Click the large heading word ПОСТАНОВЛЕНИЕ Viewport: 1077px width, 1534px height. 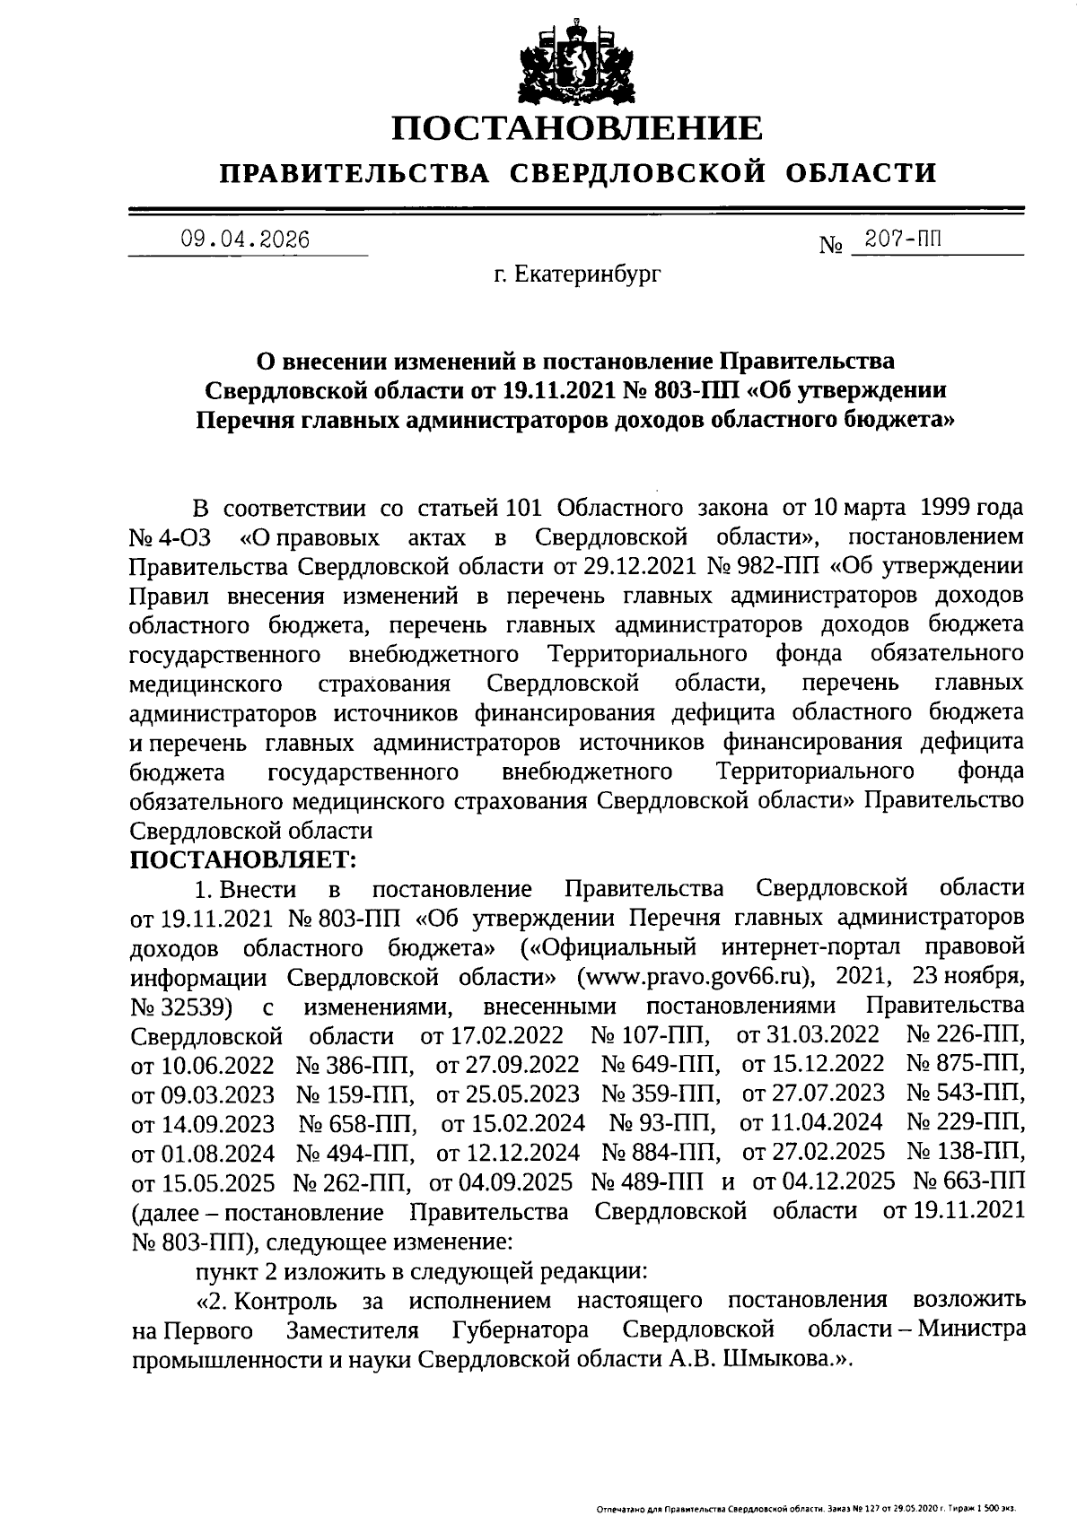577,129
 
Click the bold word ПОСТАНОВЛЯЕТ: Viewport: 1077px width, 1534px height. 243,859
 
